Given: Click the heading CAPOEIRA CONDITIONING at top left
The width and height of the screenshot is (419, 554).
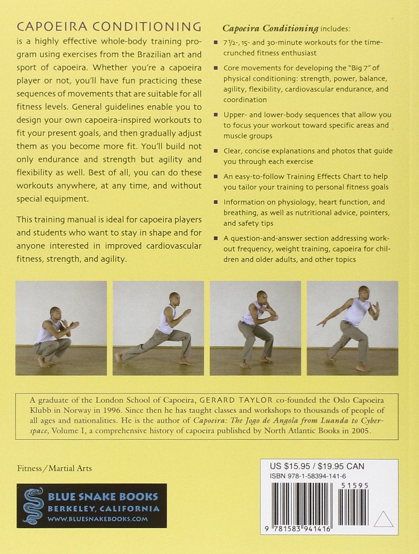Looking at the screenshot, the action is [x=109, y=27].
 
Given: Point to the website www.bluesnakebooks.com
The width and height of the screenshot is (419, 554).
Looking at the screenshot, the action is [x=98, y=519].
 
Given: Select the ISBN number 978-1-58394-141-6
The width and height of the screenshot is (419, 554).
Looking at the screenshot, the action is [x=308, y=476].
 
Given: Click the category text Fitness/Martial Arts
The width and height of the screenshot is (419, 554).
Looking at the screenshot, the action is [x=54, y=469].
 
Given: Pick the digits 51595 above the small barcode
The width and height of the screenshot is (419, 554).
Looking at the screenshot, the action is [x=354, y=486].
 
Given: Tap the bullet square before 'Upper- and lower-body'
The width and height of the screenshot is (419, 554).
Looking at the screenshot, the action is [x=215, y=115].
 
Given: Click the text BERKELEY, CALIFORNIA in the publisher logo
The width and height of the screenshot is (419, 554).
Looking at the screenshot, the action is [x=104, y=508].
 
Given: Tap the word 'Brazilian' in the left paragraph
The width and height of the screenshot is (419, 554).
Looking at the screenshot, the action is [x=155, y=55].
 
